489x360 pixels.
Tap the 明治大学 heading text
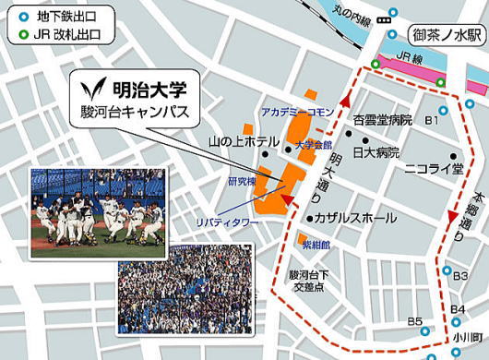[150, 91]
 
